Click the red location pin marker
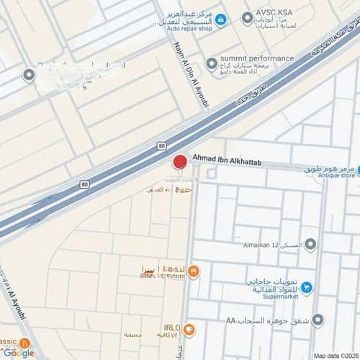[180, 162]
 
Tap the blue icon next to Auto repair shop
[222, 19]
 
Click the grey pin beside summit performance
[212, 64]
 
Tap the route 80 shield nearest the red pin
[161, 145]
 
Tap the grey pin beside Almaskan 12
[310, 246]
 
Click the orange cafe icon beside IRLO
[189, 330]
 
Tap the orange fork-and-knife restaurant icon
[194, 271]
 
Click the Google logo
[18, 352]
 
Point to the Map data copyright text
[335, 356]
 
